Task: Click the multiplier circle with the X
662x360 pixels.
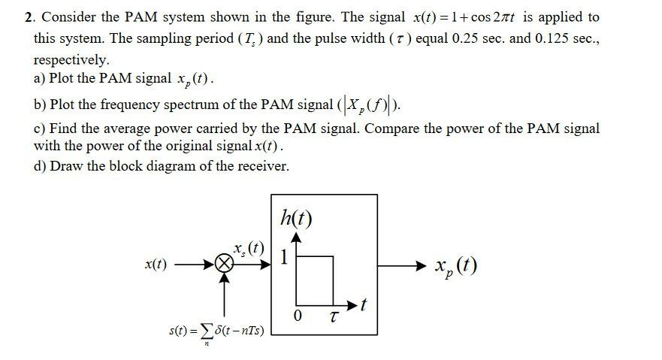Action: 223,264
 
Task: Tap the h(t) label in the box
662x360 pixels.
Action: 295,219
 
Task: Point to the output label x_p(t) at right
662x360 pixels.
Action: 455,266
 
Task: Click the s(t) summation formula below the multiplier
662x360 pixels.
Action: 216,331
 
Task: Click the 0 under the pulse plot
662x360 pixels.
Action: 298,316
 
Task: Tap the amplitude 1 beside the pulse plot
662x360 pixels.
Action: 283,257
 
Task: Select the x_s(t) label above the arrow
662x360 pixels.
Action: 249,247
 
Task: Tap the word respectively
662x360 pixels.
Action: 71,59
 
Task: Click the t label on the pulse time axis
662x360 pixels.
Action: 364,304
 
